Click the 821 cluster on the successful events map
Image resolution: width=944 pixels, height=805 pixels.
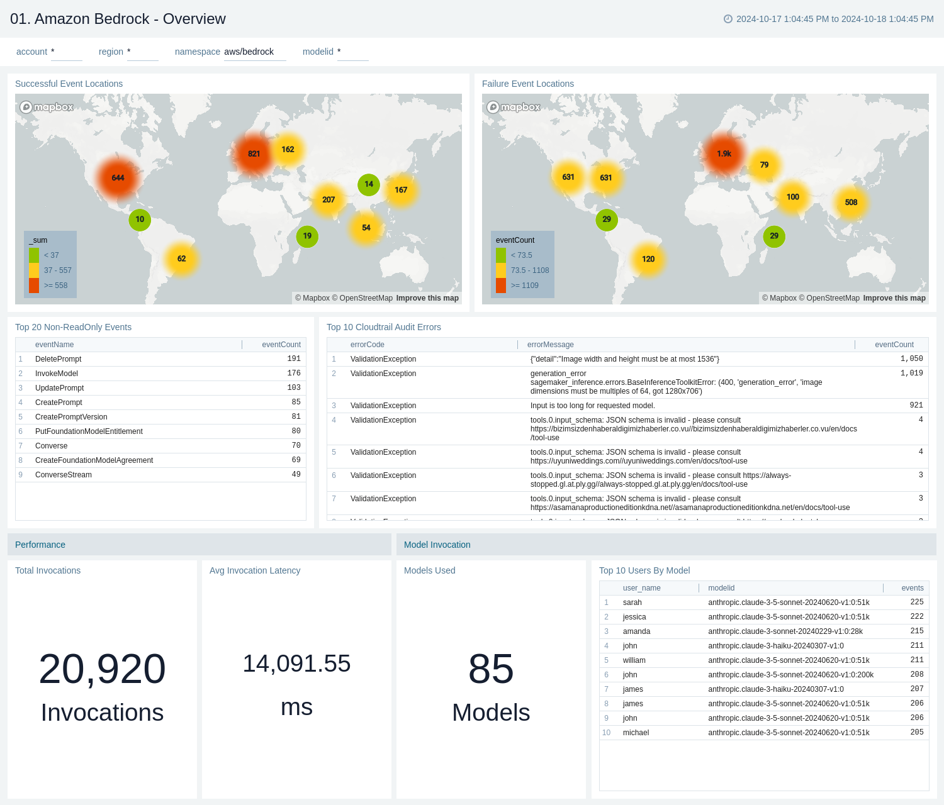254,153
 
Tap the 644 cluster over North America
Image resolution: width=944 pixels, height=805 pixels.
118,178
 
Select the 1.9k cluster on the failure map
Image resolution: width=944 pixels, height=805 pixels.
724,153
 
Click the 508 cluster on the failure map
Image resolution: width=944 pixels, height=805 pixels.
851,203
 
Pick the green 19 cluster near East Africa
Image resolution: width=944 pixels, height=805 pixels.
307,236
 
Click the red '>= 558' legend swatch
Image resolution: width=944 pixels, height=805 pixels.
34,286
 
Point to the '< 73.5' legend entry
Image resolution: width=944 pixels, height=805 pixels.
521,255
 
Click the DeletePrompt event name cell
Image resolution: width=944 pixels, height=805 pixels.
59,359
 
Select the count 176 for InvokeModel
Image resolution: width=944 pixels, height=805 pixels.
293,374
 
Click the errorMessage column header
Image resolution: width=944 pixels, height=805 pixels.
551,345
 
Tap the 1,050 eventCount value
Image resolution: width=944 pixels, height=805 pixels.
911,359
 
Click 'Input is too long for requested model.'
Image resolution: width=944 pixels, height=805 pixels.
592,406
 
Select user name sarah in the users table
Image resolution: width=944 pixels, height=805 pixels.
632,602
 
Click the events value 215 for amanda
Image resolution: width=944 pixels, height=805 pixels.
916,631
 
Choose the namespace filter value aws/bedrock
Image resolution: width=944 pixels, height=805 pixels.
249,52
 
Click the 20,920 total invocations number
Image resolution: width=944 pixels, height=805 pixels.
102,669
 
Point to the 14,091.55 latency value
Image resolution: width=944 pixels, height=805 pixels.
296,663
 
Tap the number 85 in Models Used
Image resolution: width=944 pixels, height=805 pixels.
491,669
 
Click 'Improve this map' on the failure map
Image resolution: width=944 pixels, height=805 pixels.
894,298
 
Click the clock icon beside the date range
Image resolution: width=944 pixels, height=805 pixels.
728,19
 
